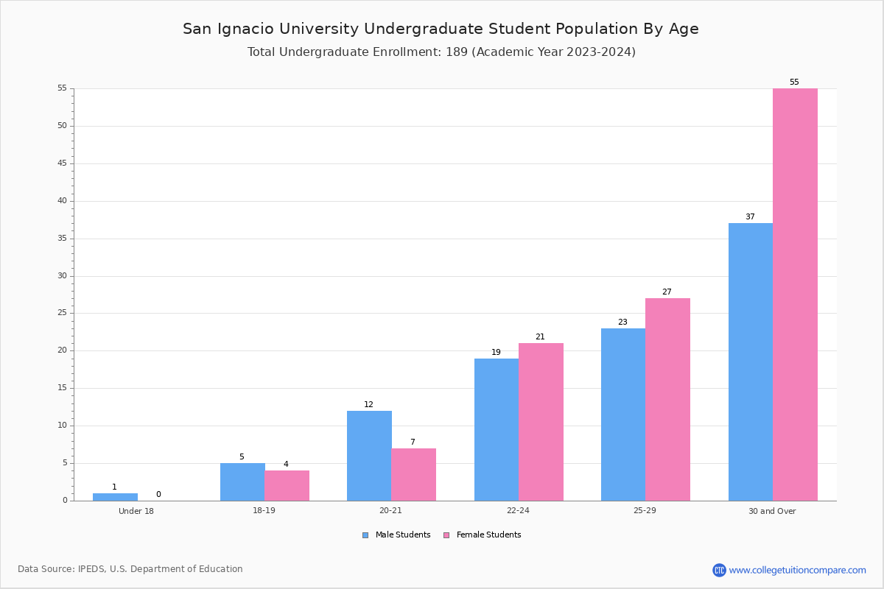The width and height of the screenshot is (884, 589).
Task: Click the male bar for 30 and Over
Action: [751, 361]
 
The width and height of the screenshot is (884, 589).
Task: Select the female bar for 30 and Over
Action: [795, 294]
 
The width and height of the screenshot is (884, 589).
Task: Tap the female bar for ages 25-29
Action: [667, 400]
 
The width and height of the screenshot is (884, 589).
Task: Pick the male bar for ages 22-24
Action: [497, 430]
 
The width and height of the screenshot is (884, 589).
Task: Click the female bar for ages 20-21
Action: [413, 475]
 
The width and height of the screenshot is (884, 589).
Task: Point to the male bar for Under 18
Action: [115, 497]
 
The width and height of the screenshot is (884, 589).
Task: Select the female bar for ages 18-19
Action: [287, 486]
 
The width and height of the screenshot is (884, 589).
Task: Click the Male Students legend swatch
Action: [365, 535]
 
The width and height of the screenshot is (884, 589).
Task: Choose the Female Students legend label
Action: [488, 535]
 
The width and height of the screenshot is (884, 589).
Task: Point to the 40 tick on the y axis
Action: [72, 201]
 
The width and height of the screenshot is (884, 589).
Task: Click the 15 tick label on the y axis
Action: [63, 388]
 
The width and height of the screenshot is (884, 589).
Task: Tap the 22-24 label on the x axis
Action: [518, 510]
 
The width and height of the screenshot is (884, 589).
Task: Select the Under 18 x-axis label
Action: [136, 511]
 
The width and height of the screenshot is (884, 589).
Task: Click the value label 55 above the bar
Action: [794, 82]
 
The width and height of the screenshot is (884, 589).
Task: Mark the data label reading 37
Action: [750, 216]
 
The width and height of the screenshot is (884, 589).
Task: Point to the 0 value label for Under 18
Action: [158, 494]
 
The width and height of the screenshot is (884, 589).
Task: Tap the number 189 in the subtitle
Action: [457, 52]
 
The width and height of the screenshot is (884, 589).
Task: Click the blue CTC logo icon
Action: [719, 570]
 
